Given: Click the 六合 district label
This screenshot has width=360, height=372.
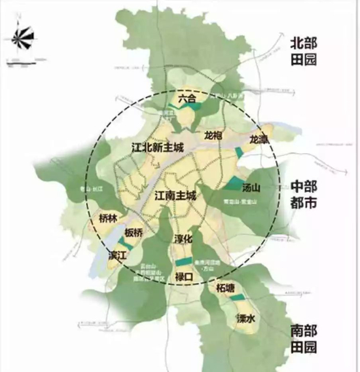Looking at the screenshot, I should click(x=187, y=99).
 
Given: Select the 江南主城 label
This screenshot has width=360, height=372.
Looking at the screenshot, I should click(x=176, y=195).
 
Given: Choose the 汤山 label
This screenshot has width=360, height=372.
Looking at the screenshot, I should click(x=251, y=187).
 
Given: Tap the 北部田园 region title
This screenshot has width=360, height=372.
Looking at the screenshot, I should click(x=304, y=51).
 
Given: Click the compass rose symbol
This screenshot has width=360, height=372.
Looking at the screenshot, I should click(x=23, y=38).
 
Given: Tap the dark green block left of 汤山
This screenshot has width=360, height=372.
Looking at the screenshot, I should click(x=234, y=184).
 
